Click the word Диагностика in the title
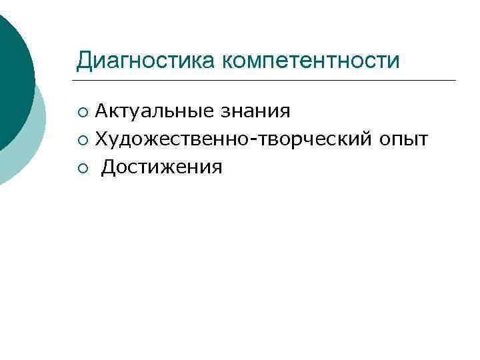pos(146,61)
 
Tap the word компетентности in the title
pos(311,61)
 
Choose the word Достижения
pos(161,167)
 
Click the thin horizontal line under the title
pos(267,81)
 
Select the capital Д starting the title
pos(83,61)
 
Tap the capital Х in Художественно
pos(101,138)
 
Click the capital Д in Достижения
pos(108,167)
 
